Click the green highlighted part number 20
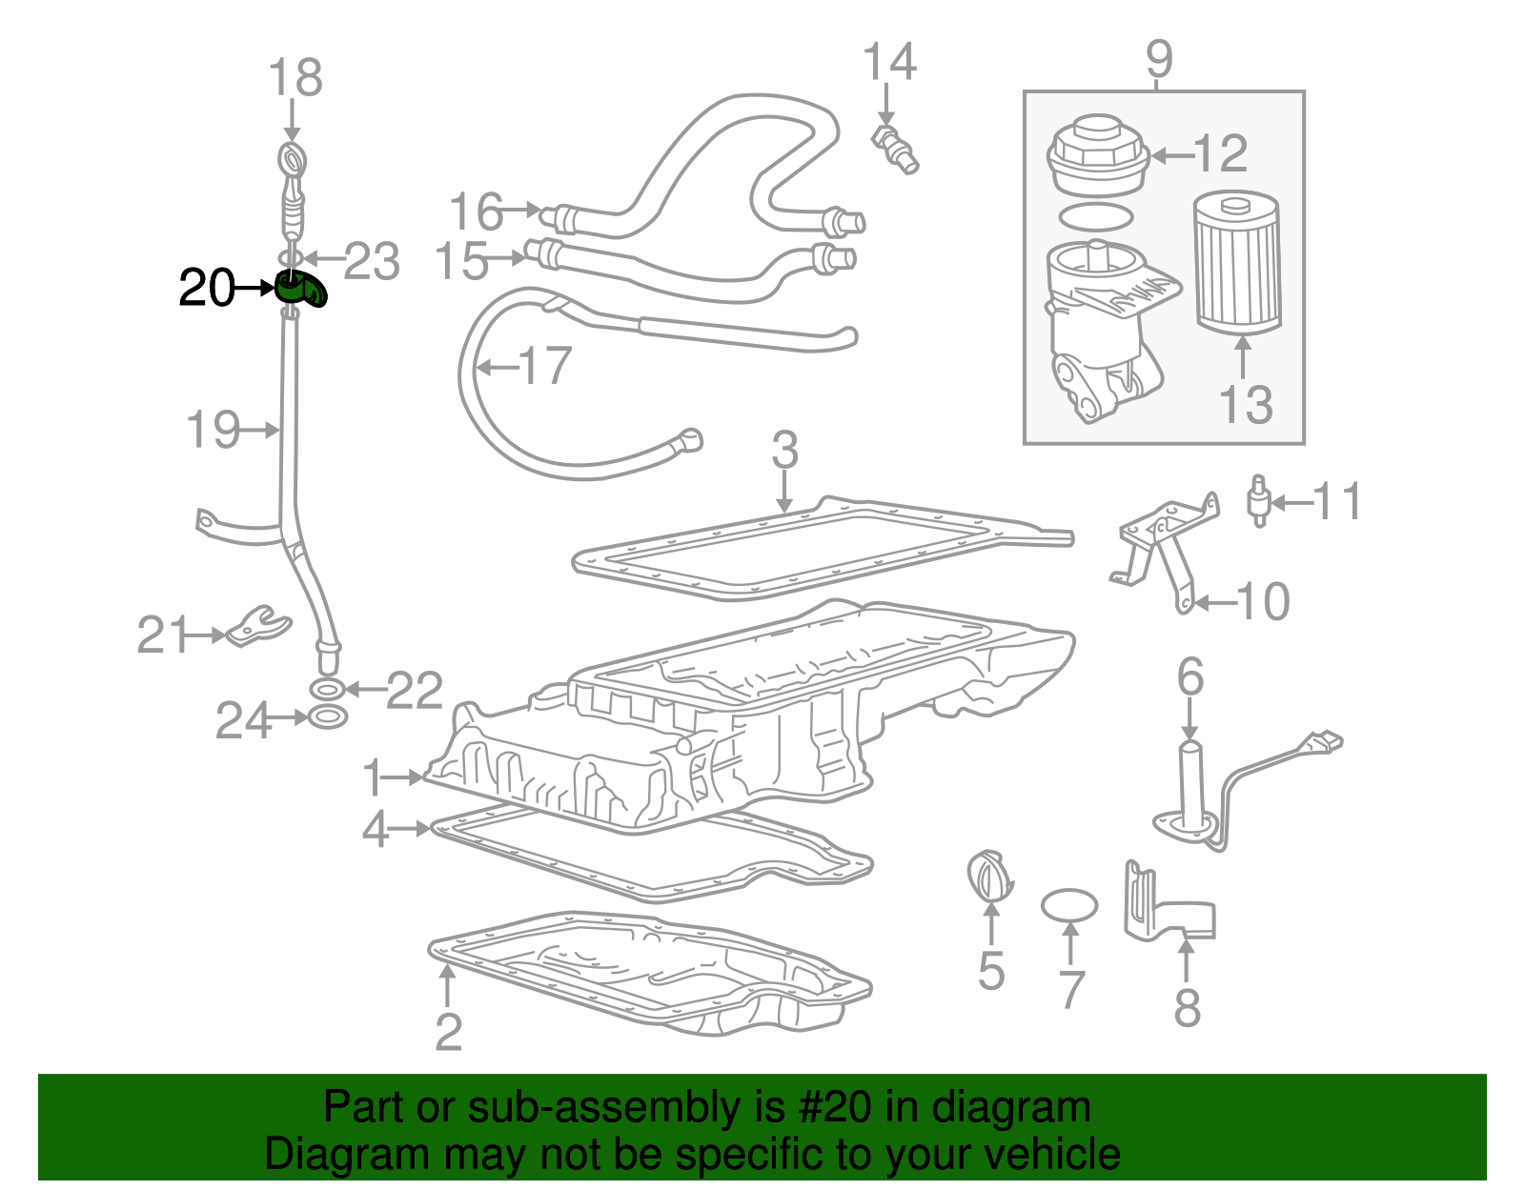click(x=300, y=289)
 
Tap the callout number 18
click(x=295, y=77)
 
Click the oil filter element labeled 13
click(x=1238, y=265)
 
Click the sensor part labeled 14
click(x=894, y=149)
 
